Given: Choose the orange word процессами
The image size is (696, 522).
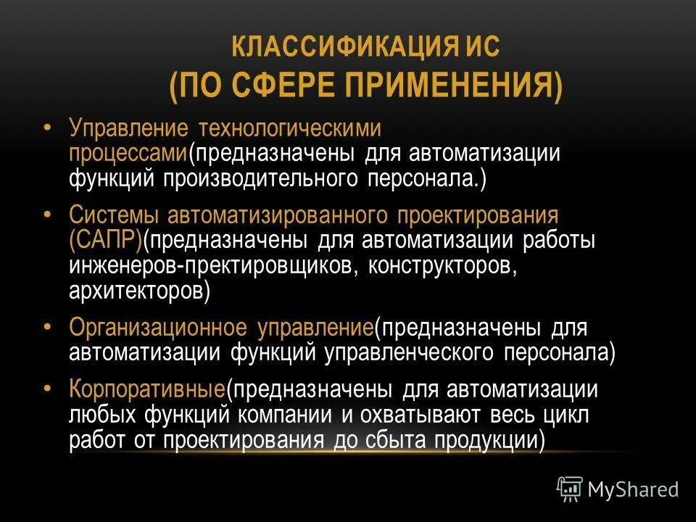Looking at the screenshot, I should pos(128,154).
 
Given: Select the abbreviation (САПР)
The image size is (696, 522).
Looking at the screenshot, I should pos(106,240).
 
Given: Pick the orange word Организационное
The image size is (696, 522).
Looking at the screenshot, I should pos(159,327).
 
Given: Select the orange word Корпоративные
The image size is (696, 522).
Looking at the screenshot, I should pos(147,389).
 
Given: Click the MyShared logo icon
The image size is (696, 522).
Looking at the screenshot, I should pos(569,489).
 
